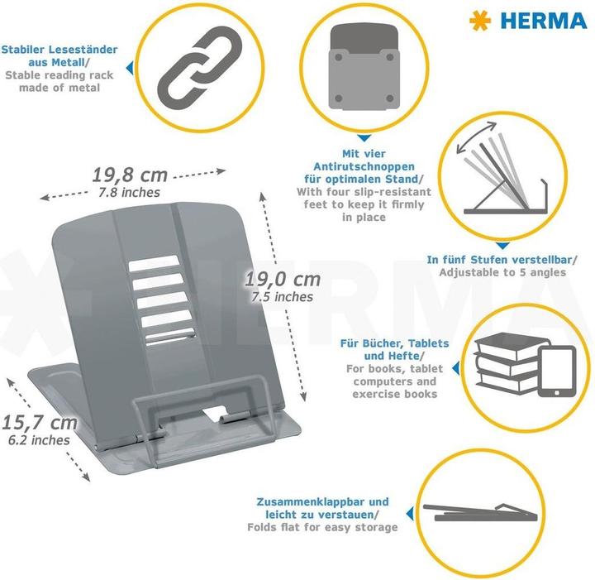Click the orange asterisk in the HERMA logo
pos(480,21)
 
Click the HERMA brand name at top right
pos(544,21)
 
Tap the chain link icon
pos(200,68)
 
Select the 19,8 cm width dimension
pos(130,175)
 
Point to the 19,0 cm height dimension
pos(283,280)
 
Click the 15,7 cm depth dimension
pos(40,423)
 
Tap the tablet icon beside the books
pos(557,371)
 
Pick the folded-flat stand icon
pos(480,512)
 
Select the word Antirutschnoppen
pos(364,166)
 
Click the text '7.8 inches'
pos(129,193)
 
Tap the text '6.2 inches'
pos(39,440)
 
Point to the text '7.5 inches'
pos(283,297)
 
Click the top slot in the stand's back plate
pos(154,263)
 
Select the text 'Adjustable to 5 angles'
pos(502,272)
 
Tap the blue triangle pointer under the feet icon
pos(364,138)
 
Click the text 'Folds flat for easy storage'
pos(322,527)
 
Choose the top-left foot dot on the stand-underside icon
pos(339,58)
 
